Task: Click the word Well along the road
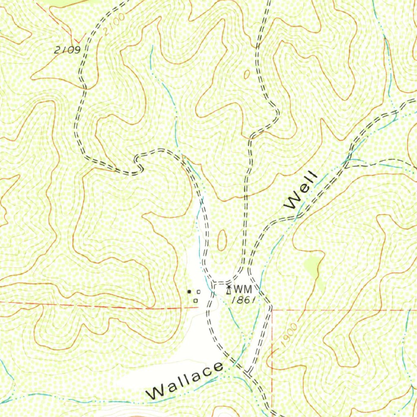[302, 190]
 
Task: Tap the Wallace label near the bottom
[186, 380]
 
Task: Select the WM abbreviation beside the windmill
[243, 290]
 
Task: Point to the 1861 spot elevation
[243, 300]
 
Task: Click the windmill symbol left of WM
[229, 290]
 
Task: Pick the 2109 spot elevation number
[67, 50]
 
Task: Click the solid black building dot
[189, 292]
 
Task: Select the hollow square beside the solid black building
[199, 292]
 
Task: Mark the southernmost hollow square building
[195, 301]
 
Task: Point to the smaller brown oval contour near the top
[247, 75]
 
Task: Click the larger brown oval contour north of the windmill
[222, 240]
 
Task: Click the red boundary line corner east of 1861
[272, 310]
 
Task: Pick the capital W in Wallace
[155, 393]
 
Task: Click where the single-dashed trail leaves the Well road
[346, 165]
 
